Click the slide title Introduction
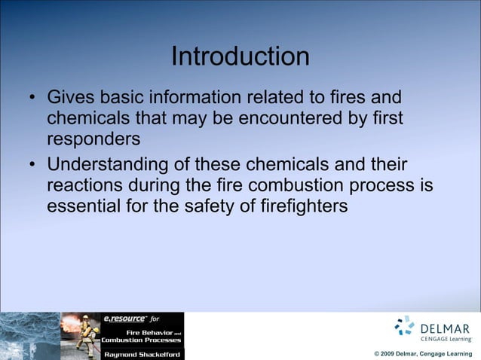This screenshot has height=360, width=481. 240,56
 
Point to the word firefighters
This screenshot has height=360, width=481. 302,206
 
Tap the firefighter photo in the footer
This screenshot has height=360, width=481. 80,336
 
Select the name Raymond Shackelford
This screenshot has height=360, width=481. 142,353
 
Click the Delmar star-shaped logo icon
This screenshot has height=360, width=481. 405,325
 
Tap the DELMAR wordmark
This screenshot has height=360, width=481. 445,328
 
